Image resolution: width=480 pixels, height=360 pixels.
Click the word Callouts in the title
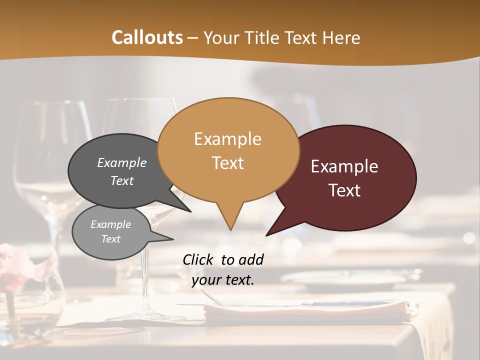coord(147,37)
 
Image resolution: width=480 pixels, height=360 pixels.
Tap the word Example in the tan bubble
coord(227,139)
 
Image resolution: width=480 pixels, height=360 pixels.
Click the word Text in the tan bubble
coord(227,162)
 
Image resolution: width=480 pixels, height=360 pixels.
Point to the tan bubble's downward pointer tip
coord(230,229)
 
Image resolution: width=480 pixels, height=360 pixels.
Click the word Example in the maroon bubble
coord(344,166)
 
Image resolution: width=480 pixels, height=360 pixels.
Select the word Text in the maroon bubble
coord(344,190)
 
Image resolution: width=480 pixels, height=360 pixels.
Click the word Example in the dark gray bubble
coord(121,163)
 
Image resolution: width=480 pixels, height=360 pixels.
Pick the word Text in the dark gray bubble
coord(121,180)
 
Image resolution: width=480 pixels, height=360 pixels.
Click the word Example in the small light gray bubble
coord(110,224)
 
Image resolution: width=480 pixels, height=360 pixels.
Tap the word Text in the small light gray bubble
coord(110,239)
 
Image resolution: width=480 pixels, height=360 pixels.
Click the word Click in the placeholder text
coord(198,259)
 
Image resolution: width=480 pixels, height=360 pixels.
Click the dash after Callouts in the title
coord(193,38)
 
